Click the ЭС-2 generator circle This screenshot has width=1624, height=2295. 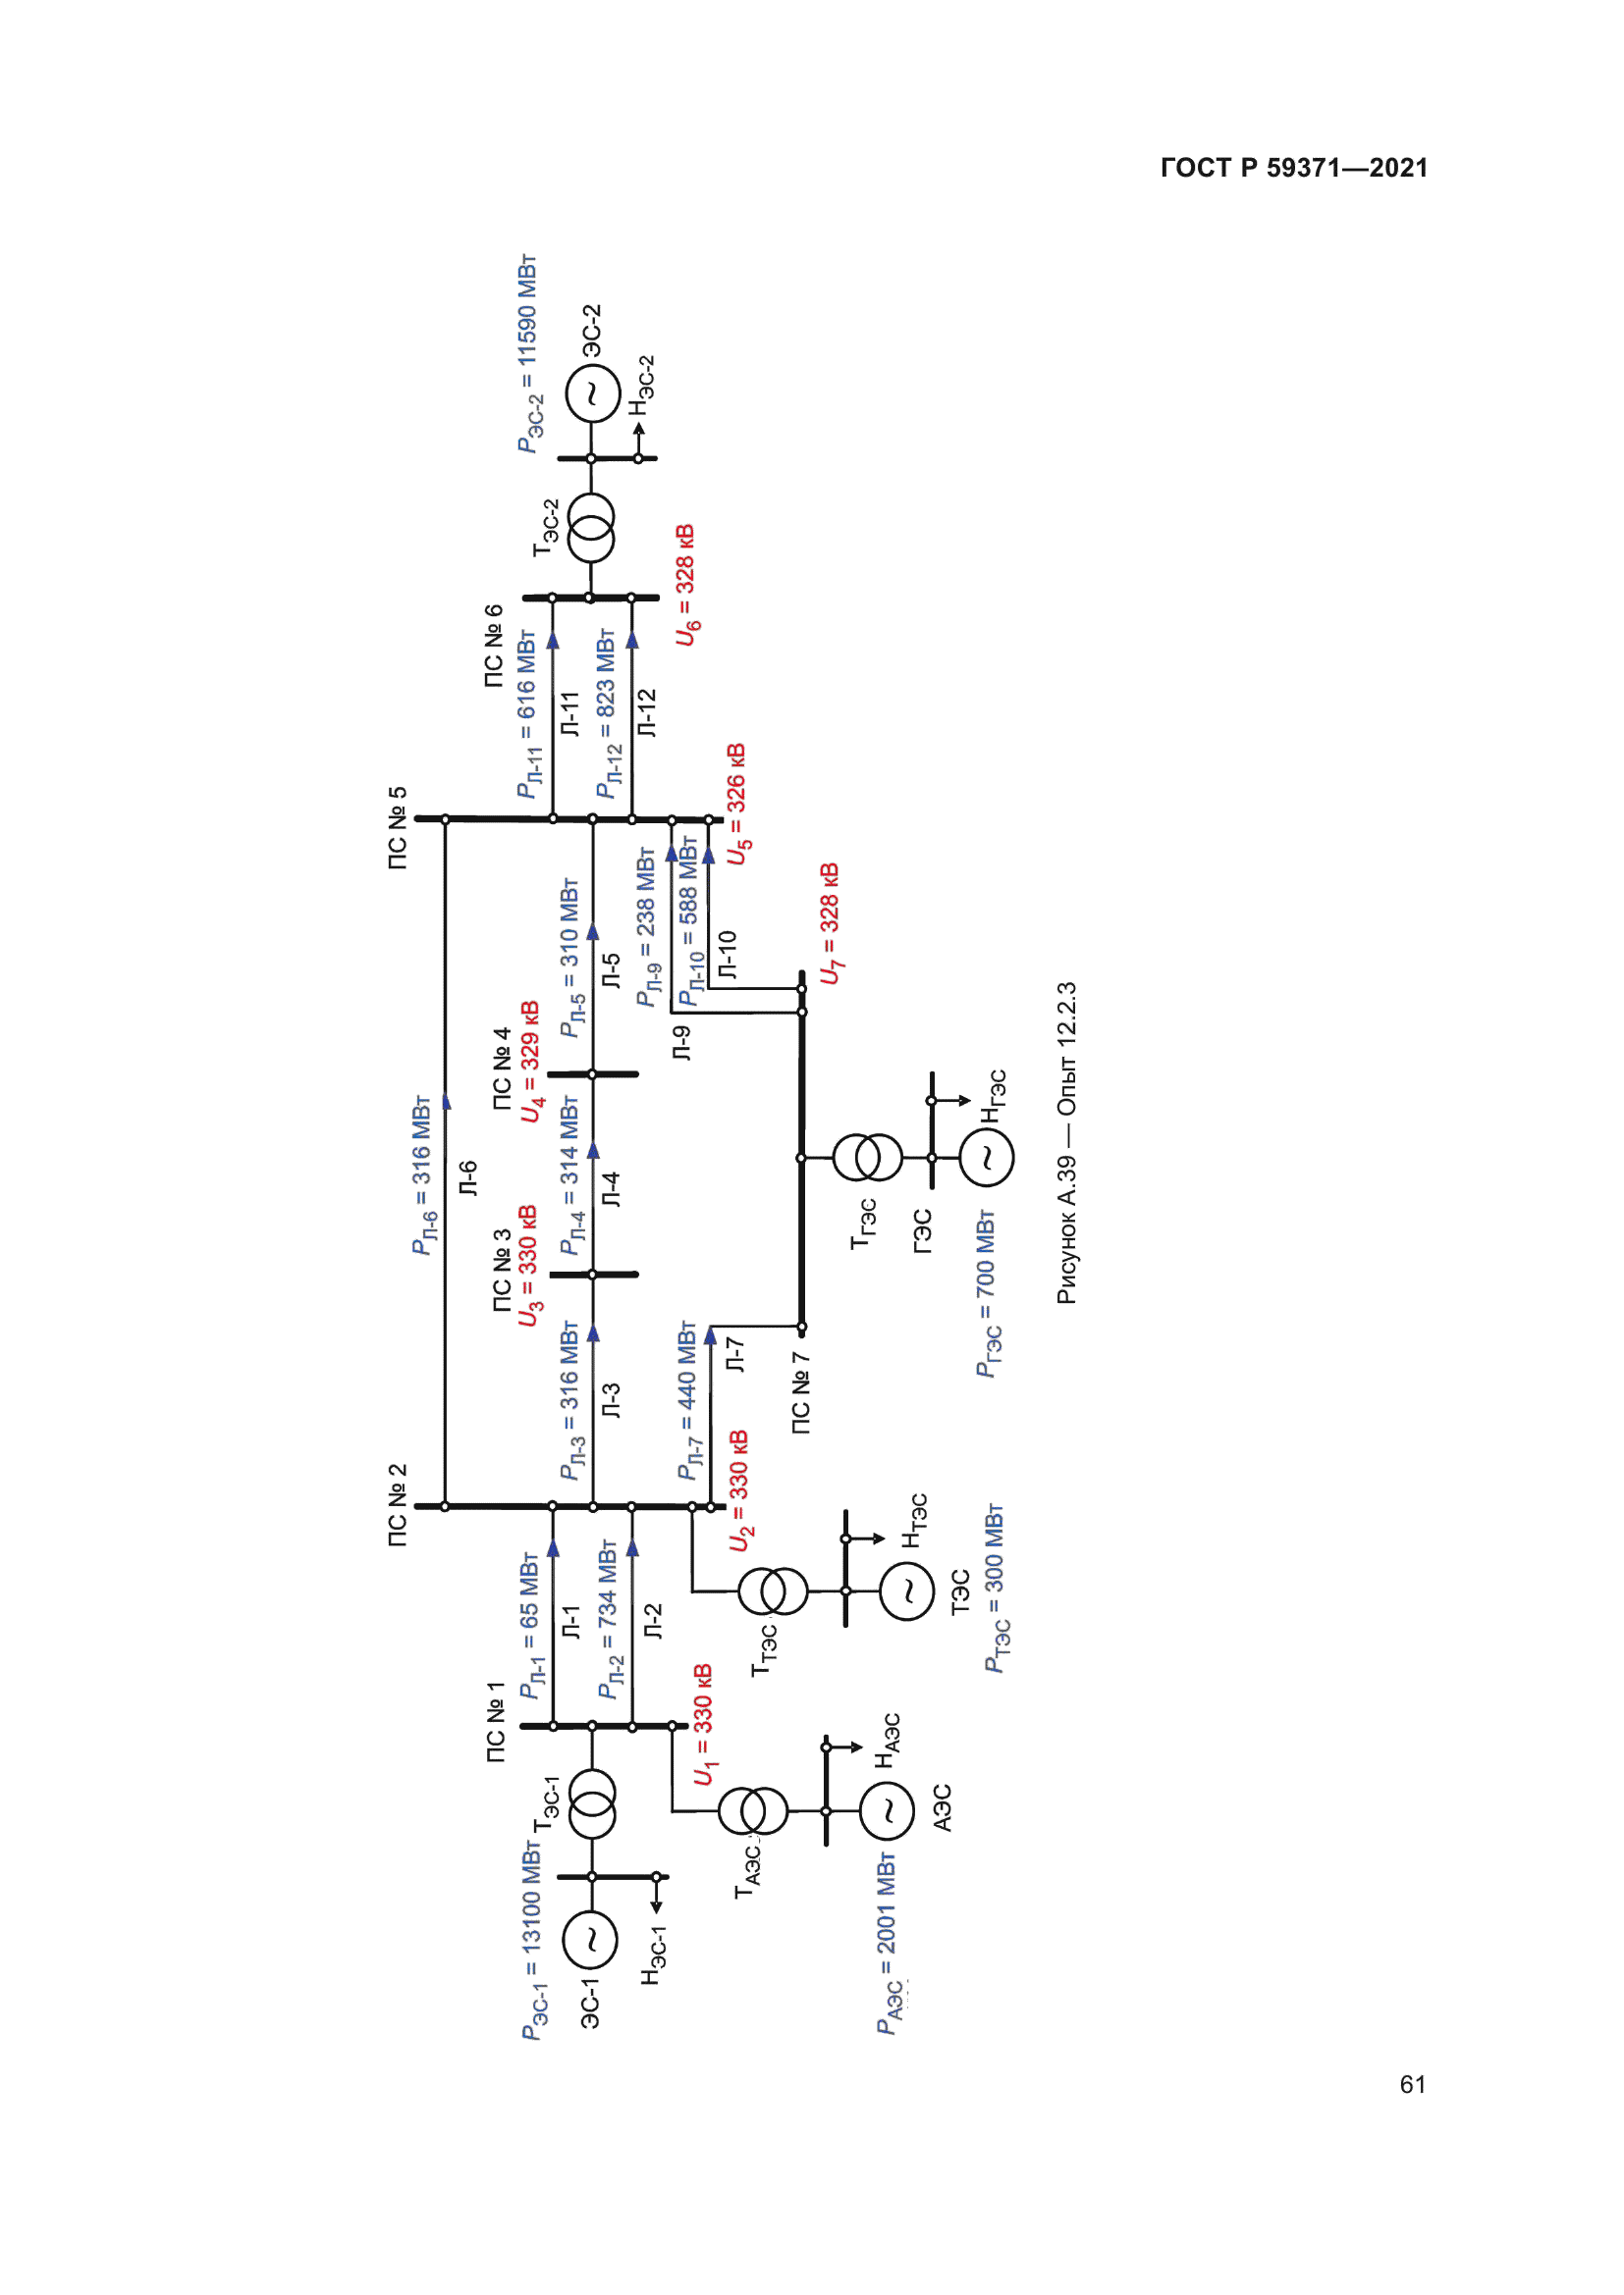click(592, 393)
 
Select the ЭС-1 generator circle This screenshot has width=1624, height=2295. click(590, 1940)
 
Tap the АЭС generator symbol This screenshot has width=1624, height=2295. click(886, 1810)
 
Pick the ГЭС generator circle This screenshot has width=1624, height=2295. click(986, 1158)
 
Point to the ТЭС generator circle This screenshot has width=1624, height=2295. click(907, 1591)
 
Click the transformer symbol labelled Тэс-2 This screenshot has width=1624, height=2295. click(591, 528)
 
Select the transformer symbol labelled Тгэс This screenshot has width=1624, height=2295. click(867, 1158)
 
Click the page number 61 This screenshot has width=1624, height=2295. click(1412, 2084)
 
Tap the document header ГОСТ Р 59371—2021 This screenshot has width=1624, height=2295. click(1294, 168)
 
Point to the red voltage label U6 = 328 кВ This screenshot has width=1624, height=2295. click(686, 585)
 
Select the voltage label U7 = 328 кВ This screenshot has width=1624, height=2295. click(830, 923)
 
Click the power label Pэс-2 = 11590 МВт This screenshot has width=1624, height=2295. click(528, 354)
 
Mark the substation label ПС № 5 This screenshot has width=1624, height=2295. click(397, 828)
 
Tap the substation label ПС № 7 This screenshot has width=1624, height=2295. click(801, 1393)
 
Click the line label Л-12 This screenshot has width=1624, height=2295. click(647, 712)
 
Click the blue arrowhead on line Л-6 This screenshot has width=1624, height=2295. click(446, 1102)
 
